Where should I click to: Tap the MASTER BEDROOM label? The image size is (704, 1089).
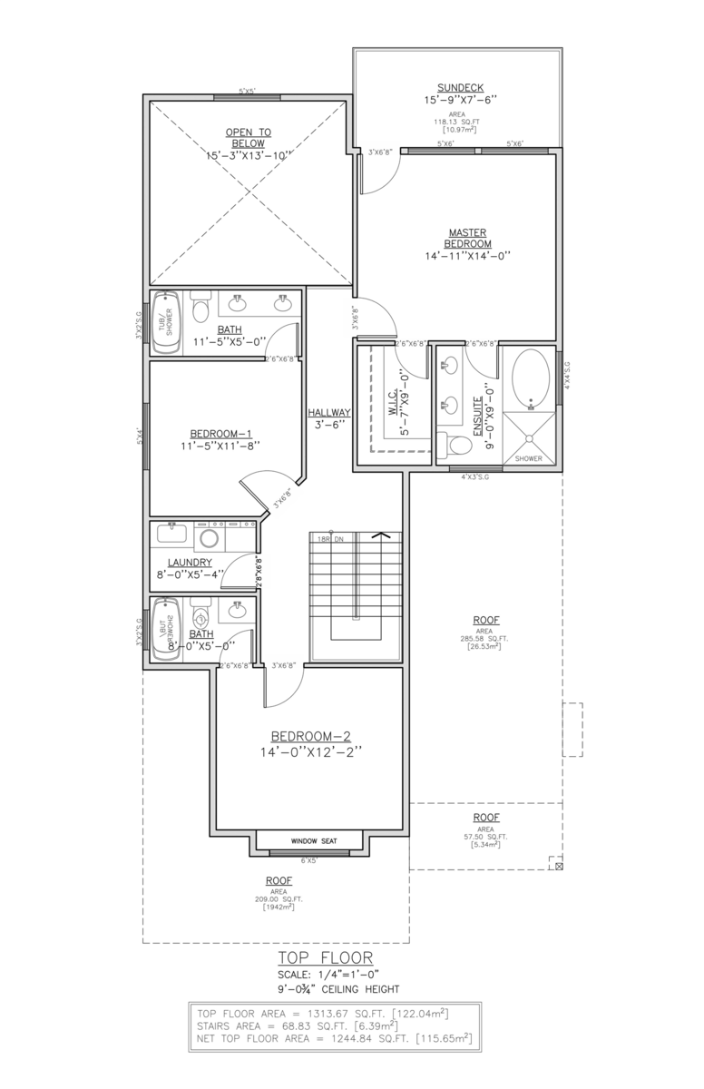(x=468, y=238)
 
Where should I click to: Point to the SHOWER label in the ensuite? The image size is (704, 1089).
(x=528, y=458)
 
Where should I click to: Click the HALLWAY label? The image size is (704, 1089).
(x=328, y=412)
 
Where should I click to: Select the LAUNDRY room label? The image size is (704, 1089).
(x=190, y=562)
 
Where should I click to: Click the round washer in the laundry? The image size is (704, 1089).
(x=209, y=538)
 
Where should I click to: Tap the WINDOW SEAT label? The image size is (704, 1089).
(x=314, y=841)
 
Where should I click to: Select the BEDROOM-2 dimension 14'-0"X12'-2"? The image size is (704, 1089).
(x=311, y=752)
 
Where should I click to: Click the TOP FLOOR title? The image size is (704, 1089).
(x=326, y=958)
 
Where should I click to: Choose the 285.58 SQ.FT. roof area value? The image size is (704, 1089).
(x=484, y=638)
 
